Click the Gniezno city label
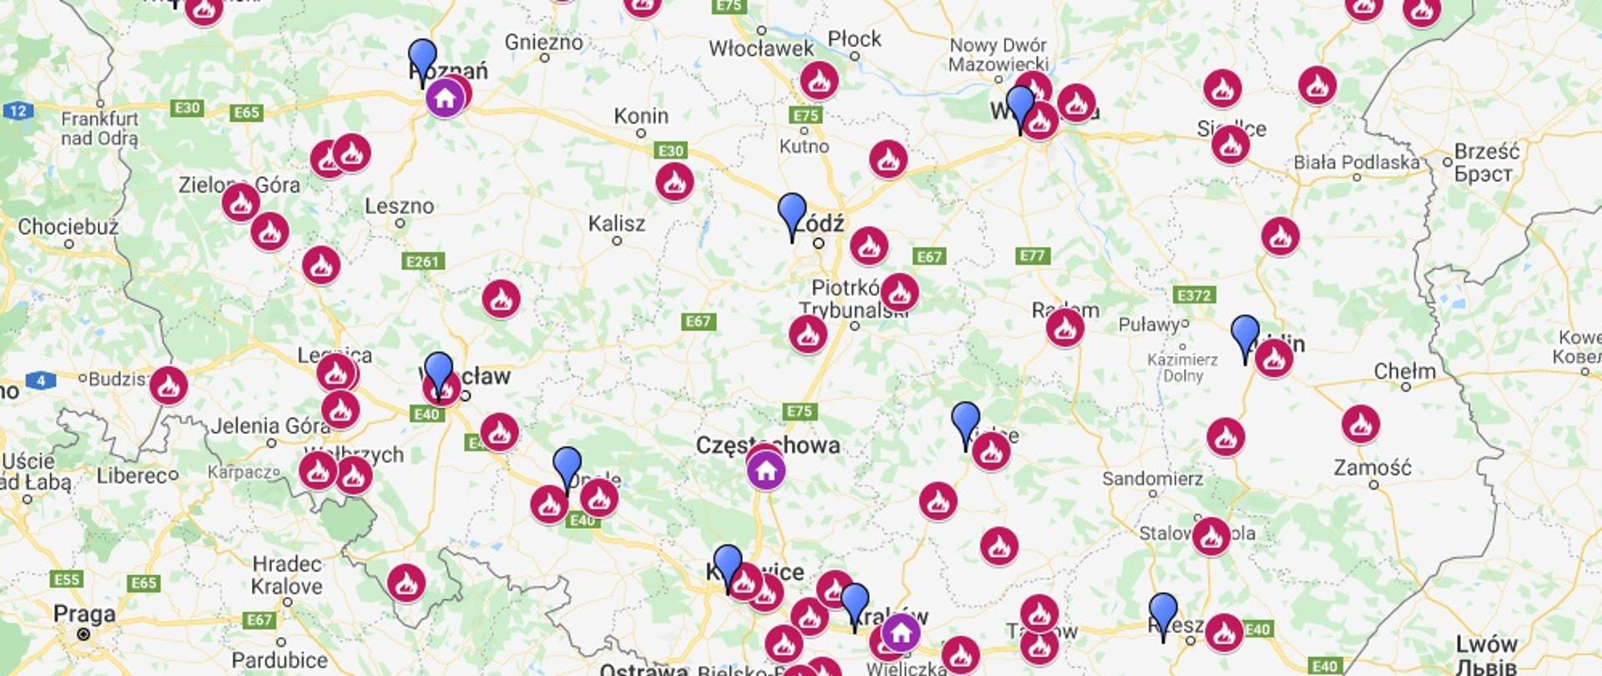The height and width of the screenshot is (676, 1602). [x=543, y=42]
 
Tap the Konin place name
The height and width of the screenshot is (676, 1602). [x=641, y=116]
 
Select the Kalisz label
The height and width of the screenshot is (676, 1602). [x=616, y=224]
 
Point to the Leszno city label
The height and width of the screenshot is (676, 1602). [x=399, y=206]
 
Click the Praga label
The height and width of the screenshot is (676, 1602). [x=84, y=614]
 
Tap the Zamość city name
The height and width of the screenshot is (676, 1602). [x=1373, y=467]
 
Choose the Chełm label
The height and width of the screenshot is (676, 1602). [x=1404, y=371]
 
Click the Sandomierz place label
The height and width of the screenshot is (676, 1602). [x=1152, y=479]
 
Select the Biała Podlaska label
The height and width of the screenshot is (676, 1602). [x=1356, y=163]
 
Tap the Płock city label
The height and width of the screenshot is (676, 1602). [x=854, y=39]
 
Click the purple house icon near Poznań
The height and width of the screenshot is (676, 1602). [x=445, y=98]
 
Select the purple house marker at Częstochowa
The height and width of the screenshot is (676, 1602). [x=766, y=472]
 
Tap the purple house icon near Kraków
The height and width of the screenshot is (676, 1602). [x=901, y=633]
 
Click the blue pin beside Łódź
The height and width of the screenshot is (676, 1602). [x=792, y=214]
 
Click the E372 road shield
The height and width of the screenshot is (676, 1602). [x=1194, y=295]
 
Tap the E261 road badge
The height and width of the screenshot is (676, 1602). [x=423, y=262]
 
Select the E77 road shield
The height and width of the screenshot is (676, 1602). [x=1032, y=256]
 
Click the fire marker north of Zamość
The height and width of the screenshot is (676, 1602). [x=1360, y=424]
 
